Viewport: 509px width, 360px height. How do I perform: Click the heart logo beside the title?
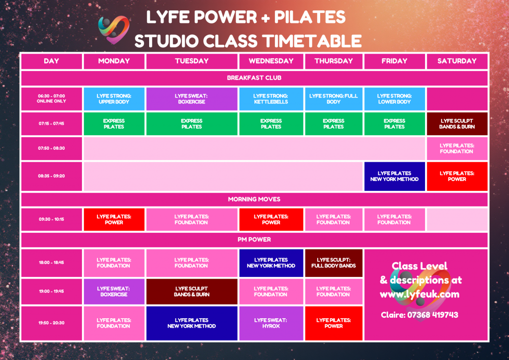pos(114,29)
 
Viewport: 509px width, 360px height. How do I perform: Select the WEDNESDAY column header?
pos(271,61)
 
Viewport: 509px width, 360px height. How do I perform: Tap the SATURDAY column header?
pos(457,61)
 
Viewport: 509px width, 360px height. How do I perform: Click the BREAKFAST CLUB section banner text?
pos(254,78)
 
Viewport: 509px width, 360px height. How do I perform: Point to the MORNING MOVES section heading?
pos(254,199)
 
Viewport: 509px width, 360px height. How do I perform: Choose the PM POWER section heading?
pos(254,240)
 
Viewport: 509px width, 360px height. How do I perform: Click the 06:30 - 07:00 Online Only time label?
pos(51,98)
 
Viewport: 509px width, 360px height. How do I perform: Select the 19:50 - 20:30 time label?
pos(51,323)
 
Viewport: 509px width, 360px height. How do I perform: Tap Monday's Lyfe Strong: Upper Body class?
pos(114,99)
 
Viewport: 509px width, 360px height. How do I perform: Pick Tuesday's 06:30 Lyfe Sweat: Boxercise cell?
pos(191,99)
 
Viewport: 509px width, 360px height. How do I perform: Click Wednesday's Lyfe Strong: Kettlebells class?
pos(271,99)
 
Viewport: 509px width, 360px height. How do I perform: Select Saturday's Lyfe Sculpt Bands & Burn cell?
pos(457,124)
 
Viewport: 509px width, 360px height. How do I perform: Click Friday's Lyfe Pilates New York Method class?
pos(394,176)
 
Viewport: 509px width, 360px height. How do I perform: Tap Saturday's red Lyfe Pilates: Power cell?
pos(457,176)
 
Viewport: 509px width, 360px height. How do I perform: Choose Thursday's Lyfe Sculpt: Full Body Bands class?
pos(334,263)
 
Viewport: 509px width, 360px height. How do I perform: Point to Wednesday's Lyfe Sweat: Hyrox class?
pos(271,323)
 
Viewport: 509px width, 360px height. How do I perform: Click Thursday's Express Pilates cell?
pos(334,124)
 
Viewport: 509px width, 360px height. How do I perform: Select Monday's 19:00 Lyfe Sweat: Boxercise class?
pos(114,291)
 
